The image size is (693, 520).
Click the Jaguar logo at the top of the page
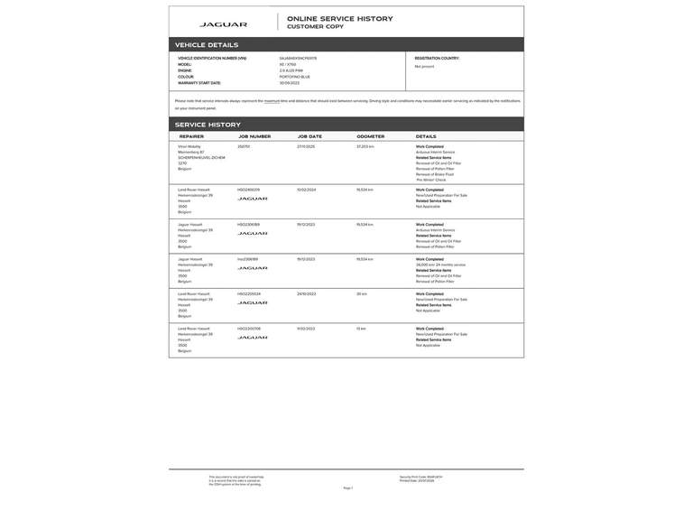coord(223,24)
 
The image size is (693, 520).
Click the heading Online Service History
coord(340,18)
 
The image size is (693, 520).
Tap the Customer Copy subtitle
coord(315,27)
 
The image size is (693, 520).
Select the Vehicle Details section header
coord(207,44)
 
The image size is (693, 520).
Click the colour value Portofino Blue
coord(295,77)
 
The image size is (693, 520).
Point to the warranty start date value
coord(290,83)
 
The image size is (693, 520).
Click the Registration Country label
coord(437,58)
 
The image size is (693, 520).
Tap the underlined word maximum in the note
coord(272,101)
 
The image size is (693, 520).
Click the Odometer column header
coord(370,136)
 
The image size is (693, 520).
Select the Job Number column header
coord(254,136)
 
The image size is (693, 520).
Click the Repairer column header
coord(191,136)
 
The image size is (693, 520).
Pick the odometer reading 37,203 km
coord(365,146)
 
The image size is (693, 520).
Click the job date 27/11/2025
coord(306,146)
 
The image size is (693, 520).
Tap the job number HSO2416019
coord(248,190)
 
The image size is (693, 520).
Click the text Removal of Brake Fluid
coord(435,174)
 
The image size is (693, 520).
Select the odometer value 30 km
coord(362,293)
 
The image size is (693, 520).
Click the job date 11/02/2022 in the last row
coord(306,329)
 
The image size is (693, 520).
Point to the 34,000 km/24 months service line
coord(441,265)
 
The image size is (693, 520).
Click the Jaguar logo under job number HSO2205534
coord(253,302)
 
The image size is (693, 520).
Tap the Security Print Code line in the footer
coord(421,477)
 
